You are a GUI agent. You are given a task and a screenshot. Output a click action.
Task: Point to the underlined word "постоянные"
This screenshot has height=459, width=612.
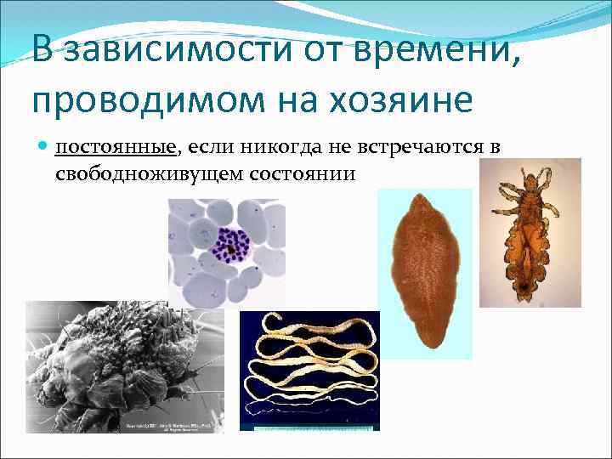pos(116,148)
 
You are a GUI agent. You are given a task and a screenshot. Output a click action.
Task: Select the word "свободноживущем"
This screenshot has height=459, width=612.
pos(141,173)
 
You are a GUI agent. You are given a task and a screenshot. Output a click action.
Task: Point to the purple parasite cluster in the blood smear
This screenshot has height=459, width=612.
pos(229,247)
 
